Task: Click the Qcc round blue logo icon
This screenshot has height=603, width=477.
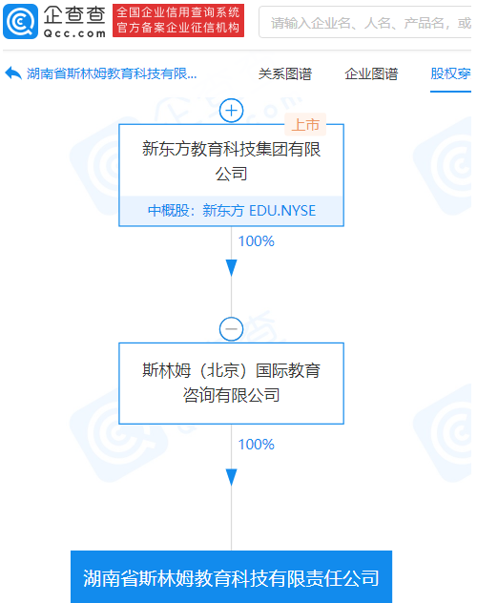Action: point(20,22)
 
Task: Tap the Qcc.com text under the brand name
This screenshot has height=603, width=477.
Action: point(74,33)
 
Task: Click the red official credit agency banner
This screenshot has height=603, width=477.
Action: point(178,20)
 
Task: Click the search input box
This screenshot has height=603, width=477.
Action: point(365,22)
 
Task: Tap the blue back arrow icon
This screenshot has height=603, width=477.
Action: point(13,73)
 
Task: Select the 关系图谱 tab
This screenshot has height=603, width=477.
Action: point(285,73)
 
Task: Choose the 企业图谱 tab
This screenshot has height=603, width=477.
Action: point(371,73)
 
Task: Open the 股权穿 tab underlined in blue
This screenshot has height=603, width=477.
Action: point(450,73)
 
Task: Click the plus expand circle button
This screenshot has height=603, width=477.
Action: point(232,111)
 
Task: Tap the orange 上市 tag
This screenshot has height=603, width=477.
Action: point(305,125)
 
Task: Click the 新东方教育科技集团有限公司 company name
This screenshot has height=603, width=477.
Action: point(232,161)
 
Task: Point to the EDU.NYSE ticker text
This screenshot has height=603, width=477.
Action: point(282,211)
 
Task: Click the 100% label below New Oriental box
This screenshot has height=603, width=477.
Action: point(256,241)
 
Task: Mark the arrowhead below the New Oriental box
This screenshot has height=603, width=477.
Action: point(232,268)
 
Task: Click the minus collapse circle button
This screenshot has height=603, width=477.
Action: point(232,329)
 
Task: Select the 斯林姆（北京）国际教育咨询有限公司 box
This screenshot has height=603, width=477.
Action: point(232,384)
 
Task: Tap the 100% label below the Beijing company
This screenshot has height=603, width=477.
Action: point(256,445)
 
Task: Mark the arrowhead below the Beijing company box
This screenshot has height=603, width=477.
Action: point(232,477)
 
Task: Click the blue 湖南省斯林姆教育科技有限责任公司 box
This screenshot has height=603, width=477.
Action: point(232,577)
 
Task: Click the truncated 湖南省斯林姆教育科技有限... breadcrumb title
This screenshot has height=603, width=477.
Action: point(112,73)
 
